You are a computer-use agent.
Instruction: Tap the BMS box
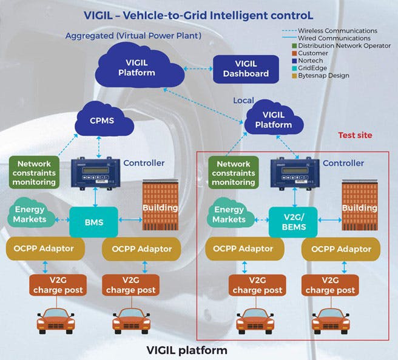94,222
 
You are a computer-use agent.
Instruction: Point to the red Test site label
355,135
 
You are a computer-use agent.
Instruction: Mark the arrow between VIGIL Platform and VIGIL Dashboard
197,70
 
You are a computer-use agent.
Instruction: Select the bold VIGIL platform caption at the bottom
187,350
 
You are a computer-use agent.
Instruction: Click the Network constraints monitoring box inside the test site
234,173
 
